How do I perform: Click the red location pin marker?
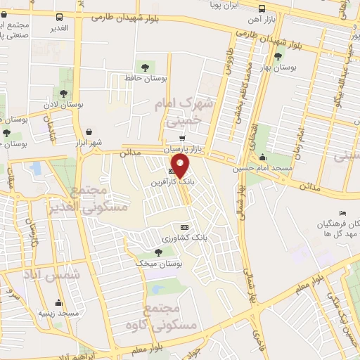click(181, 166)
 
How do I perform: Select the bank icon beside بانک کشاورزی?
click(185, 227)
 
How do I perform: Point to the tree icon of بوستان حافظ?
click(145, 67)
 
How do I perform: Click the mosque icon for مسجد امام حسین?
click(263, 157)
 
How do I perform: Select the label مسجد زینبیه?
click(58, 312)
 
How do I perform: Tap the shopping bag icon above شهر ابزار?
click(89, 131)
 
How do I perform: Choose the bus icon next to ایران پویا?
click(262, 9)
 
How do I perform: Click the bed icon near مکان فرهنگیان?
click(342, 213)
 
